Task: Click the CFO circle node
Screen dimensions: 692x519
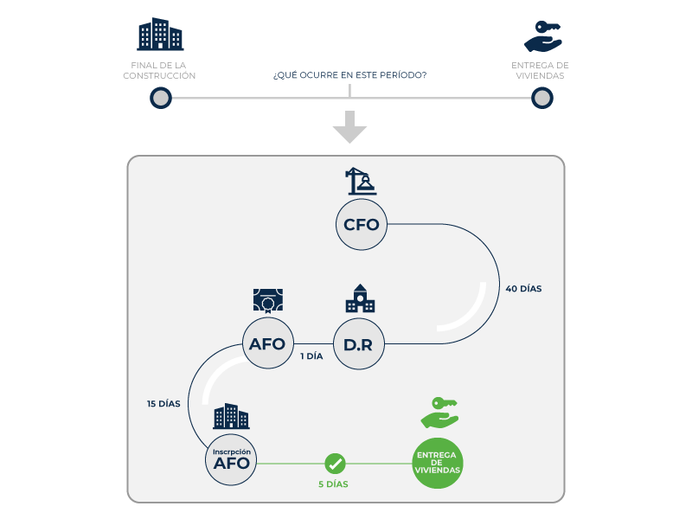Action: tap(362, 225)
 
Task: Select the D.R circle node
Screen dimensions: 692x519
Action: tap(359, 343)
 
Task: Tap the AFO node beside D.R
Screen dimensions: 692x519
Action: tap(268, 343)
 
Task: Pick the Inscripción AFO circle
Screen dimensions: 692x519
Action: tap(231, 460)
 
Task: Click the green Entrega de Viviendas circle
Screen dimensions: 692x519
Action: tap(437, 463)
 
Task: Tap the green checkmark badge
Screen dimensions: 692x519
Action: tap(335, 464)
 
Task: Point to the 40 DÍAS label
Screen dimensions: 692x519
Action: tap(523, 289)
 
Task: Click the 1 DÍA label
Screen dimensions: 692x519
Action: tap(311, 356)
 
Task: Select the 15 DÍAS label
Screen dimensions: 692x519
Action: tap(163, 404)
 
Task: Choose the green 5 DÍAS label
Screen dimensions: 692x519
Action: tap(333, 484)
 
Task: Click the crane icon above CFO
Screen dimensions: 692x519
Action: tap(361, 181)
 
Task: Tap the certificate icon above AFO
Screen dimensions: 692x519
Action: tap(268, 300)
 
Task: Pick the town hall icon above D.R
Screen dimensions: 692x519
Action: tap(360, 298)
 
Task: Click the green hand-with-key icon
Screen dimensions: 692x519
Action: tap(439, 413)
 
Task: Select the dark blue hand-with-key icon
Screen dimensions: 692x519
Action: tap(543, 36)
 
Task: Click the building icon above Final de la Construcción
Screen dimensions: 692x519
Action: tap(160, 34)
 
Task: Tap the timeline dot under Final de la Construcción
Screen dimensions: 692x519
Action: tap(161, 98)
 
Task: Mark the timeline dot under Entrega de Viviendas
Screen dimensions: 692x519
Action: tap(542, 98)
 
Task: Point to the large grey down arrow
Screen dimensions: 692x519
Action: tap(350, 127)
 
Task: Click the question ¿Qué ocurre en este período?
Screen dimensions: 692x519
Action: tap(350, 75)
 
